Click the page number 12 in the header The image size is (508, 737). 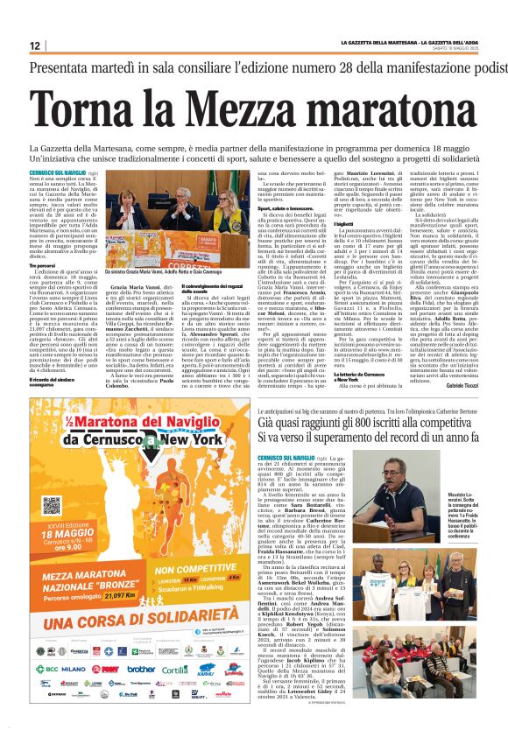35,46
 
